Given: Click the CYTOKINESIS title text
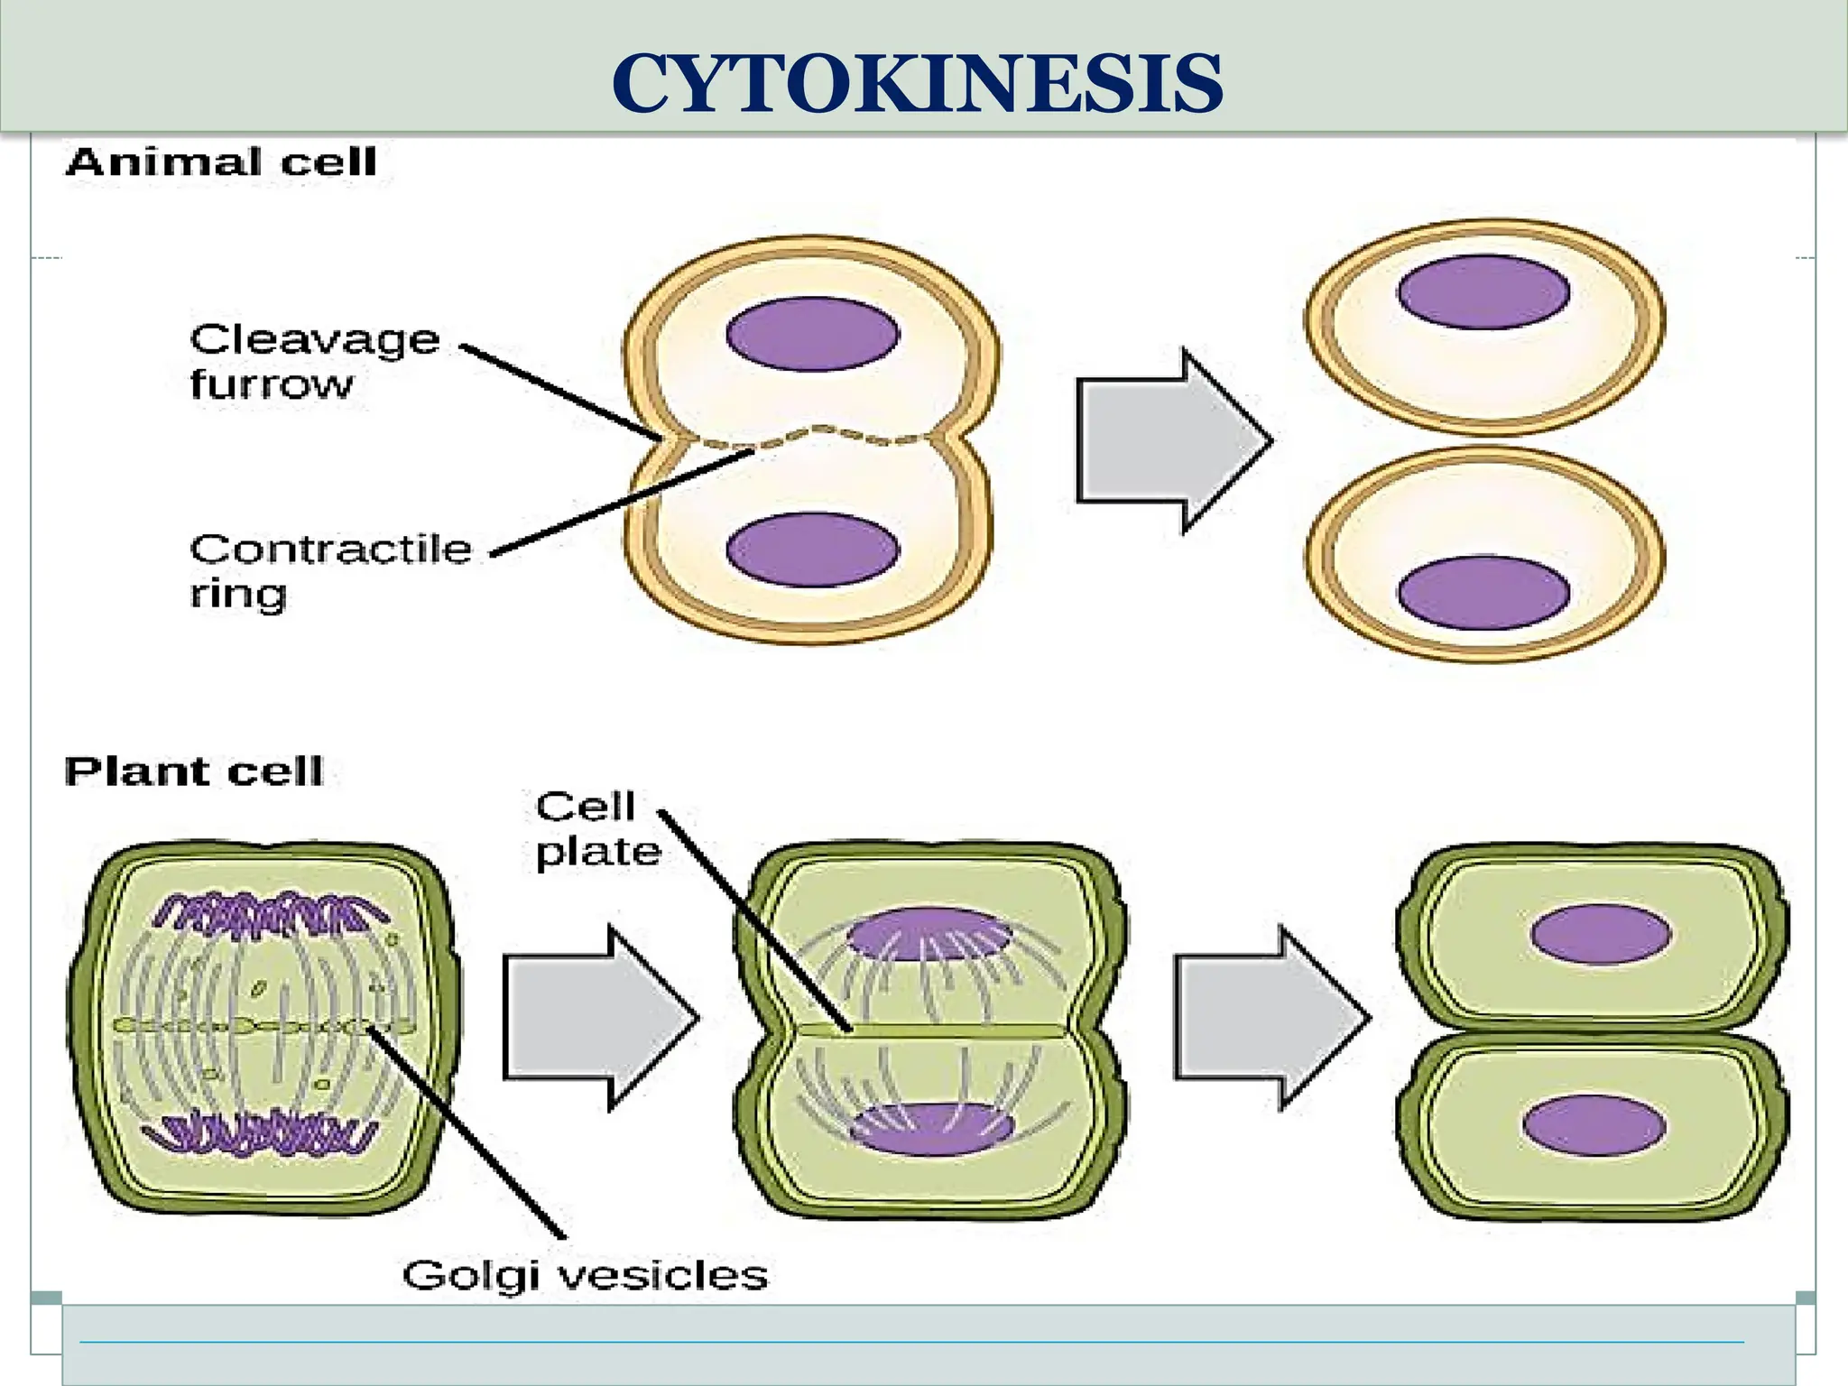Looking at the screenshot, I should (917, 83).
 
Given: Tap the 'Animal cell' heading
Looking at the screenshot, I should (221, 162).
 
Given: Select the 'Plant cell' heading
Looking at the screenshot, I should (193, 772).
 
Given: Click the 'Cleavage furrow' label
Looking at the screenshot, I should (313, 361).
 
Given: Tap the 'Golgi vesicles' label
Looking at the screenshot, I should (585, 1276).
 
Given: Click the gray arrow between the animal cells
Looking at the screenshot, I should (1169, 440).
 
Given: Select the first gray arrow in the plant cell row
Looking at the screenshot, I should (596, 1018).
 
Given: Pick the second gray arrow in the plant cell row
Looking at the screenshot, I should (1267, 1018).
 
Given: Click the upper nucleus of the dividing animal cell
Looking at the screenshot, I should (812, 333).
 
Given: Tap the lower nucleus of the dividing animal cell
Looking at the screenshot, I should (812, 550).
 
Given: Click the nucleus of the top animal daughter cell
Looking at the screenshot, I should (1483, 291).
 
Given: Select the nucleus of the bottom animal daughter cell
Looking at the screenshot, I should (1483, 593).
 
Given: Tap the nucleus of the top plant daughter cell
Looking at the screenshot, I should (1600, 934).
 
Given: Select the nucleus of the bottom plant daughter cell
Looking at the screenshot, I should (1594, 1125).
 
